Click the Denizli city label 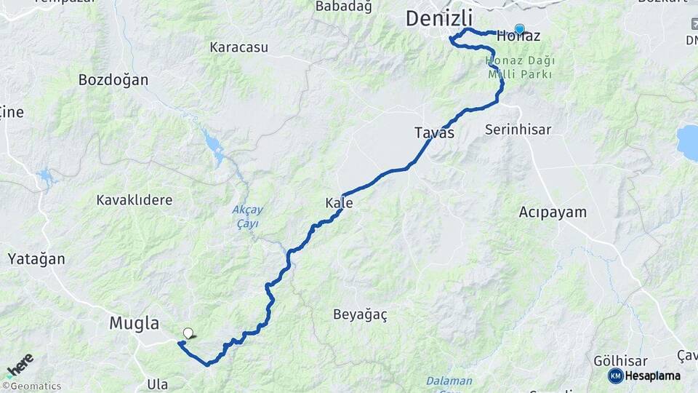pyautogui.click(x=439, y=18)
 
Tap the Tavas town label pyautogui.click(x=434, y=132)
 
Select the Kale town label pyautogui.click(x=339, y=203)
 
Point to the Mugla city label pyautogui.click(x=135, y=323)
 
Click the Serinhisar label pyautogui.click(x=518, y=130)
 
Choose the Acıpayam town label pyautogui.click(x=553, y=213)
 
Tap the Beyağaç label pyautogui.click(x=360, y=314)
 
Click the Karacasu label pyautogui.click(x=238, y=47)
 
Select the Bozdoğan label pyautogui.click(x=113, y=80)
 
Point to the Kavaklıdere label pyautogui.click(x=135, y=199)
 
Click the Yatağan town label pyautogui.click(x=36, y=258)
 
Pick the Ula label pyautogui.click(x=157, y=384)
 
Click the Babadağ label pyautogui.click(x=343, y=7)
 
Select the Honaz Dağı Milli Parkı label pyautogui.click(x=520, y=67)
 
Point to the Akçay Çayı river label pyautogui.click(x=247, y=216)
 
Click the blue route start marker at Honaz pyautogui.click(x=519, y=30)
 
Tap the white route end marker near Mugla pyautogui.click(x=188, y=333)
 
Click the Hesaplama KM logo pyautogui.click(x=644, y=376)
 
